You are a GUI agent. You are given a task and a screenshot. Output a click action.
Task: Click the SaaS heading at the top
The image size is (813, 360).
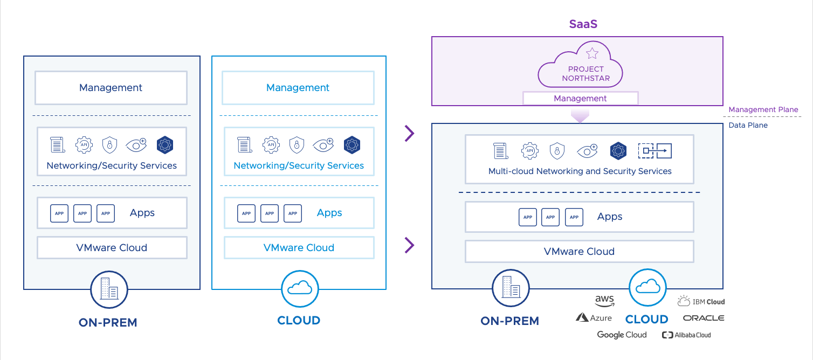pyautogui.click(x=583, y=24)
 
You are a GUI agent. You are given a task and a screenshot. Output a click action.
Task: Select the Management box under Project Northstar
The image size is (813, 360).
pyautogui.click(x=580, y=98)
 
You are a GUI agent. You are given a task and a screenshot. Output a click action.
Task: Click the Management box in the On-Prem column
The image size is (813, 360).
pyautogui.click(x=111, y=88)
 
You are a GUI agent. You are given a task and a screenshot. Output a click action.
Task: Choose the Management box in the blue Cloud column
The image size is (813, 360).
pyautogui.click(x=298, y=88)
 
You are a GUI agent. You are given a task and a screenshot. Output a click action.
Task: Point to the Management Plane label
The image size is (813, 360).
pyautogui.click(x=763, y=109)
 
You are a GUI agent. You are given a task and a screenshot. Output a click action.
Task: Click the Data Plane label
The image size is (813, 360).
pyautogui.click(x=748, y=125)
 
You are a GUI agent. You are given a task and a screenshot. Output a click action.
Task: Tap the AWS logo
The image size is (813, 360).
pyautogui.click(x=604, y=301)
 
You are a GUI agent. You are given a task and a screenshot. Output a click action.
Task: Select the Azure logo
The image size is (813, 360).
pyautogui.click(x=594, y=318)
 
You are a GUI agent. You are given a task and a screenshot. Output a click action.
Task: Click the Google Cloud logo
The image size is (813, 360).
pyautogui.click(x=622, y=335)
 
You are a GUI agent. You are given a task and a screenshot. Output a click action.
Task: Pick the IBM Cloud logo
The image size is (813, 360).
pyautogui.click(x=701, y=301)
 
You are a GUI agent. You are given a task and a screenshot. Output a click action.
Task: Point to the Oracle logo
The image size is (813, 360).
pyautogui.click(x=703, y=318)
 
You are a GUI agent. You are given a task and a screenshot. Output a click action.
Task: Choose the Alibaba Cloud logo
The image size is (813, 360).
pyautogui.click(x=686, y=335)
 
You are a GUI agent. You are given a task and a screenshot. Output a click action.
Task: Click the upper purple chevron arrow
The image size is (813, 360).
pyautogui.click(x=410, y=133)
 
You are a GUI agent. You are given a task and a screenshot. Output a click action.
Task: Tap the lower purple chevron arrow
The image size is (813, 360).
pyautogui.click(x=410, y=246)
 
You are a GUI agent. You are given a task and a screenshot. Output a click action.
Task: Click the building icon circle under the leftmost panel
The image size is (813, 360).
pyautogui.click(x=109, y=289)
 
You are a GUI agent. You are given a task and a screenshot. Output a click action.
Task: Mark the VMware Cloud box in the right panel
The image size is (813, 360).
pyautogui.click(x=579, y=251)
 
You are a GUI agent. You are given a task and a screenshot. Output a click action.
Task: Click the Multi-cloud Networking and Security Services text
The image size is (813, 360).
pyautogui.click(x=580, y=171)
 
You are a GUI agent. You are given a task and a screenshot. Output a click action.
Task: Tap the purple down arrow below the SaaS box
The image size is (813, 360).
pyautogui.click(x=580, y=115)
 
